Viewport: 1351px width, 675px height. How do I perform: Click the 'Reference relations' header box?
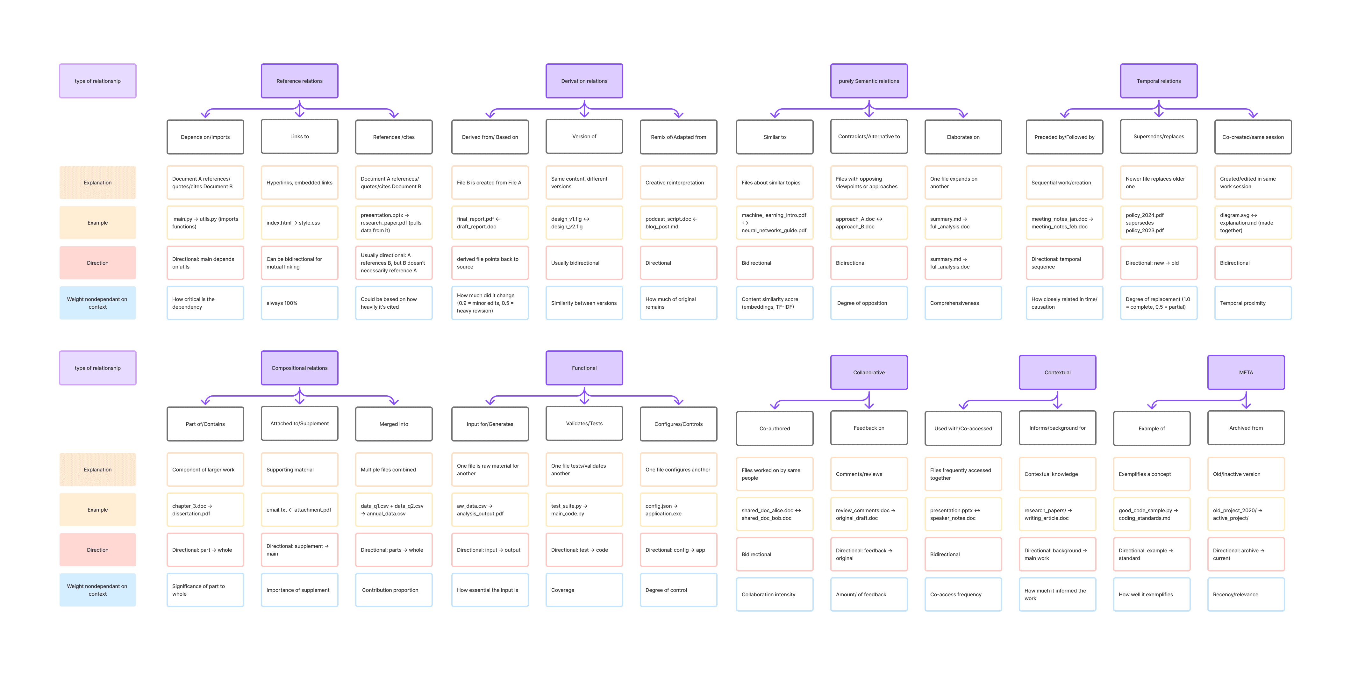(299, 81)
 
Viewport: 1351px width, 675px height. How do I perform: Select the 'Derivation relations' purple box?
(584, 81)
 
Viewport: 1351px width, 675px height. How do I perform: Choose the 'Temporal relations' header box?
(1159, 81)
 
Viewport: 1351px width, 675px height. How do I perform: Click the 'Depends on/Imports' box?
(205, 137)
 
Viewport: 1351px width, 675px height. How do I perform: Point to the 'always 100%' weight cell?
(299, 303)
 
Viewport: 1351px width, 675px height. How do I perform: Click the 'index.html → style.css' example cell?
(299, 223)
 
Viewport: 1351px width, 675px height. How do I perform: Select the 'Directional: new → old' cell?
(1159, 263)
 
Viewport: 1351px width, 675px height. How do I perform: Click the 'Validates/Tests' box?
(584, 423)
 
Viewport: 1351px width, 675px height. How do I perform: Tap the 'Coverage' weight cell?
(584, 590)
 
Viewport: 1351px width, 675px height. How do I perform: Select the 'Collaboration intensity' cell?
(774, 594)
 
